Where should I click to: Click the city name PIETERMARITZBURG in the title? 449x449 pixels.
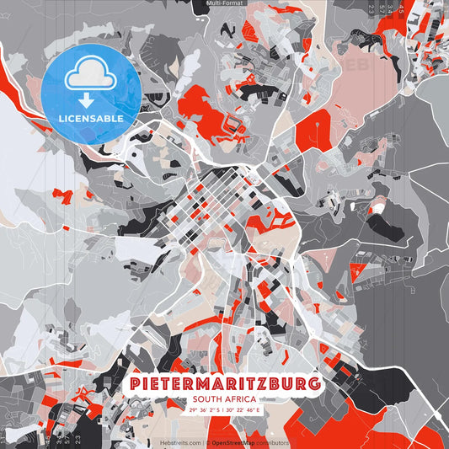coord(225,384)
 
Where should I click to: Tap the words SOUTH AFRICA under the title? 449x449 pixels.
coord(225,399)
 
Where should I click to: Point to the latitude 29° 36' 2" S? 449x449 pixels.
coord(206,410)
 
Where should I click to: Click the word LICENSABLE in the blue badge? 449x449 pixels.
coord(91,119)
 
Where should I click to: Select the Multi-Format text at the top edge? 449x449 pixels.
coord(225,4)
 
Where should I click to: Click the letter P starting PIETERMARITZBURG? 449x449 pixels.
coord(136,384)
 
